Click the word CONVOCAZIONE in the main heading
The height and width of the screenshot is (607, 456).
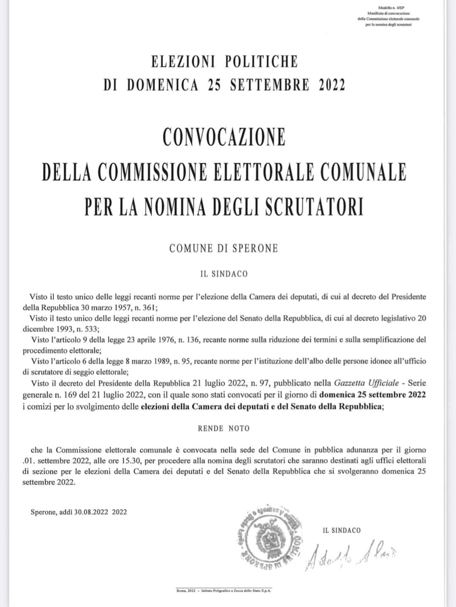(224, 137)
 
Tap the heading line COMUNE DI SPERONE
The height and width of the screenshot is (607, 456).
(224, 248)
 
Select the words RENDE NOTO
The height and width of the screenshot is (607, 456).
(224, 428)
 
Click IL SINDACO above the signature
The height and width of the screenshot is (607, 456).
(342, 531)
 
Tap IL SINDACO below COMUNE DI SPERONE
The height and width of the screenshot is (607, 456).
(224, 274)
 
